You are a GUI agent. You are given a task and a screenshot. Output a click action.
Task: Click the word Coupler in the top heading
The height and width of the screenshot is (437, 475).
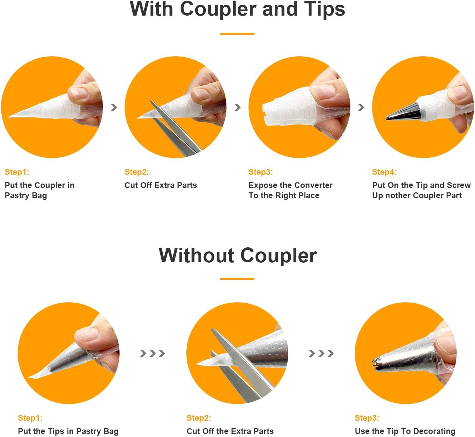pyautogui.click(x=218, y=10)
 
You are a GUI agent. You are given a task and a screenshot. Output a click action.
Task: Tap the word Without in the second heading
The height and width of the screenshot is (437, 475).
pyautogui.click(x=196, y=255)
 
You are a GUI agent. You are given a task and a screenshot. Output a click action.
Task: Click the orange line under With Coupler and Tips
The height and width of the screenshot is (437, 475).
pyautogui.click(x=237, y=34)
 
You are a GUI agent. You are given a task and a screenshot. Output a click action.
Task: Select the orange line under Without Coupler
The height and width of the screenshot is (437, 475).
pyautogui.click(x=237, y=279)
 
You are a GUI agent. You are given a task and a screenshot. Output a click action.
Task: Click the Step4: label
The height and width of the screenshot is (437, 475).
pyautogui.click(x=384, y=172)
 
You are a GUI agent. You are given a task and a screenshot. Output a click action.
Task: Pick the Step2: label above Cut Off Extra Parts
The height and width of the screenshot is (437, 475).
pyautogui.click(x=136, y=172)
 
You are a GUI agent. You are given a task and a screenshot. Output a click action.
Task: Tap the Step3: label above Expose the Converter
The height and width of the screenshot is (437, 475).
pyautogui.click(x=260, y=172)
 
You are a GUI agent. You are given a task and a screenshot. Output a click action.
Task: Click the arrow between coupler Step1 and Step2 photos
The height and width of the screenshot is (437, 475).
pyautogui.click(x=114, y=107)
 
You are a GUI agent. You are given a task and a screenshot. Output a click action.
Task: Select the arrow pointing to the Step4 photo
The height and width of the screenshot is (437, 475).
pyautogui.click(x=361, y=107)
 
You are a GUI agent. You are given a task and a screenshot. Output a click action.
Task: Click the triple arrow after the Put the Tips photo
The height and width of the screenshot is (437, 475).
pyautogui.click(x=152, y=353)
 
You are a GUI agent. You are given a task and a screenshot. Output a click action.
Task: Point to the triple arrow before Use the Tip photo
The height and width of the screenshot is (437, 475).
pyautogui.click(x=321, y=353)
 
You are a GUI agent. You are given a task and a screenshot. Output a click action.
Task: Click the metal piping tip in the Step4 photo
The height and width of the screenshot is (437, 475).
pyautogui.click(x=403, y=112)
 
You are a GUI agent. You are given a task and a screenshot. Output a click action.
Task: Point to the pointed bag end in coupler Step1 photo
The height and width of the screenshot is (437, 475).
pyautogui.click(x=9, y=116)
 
